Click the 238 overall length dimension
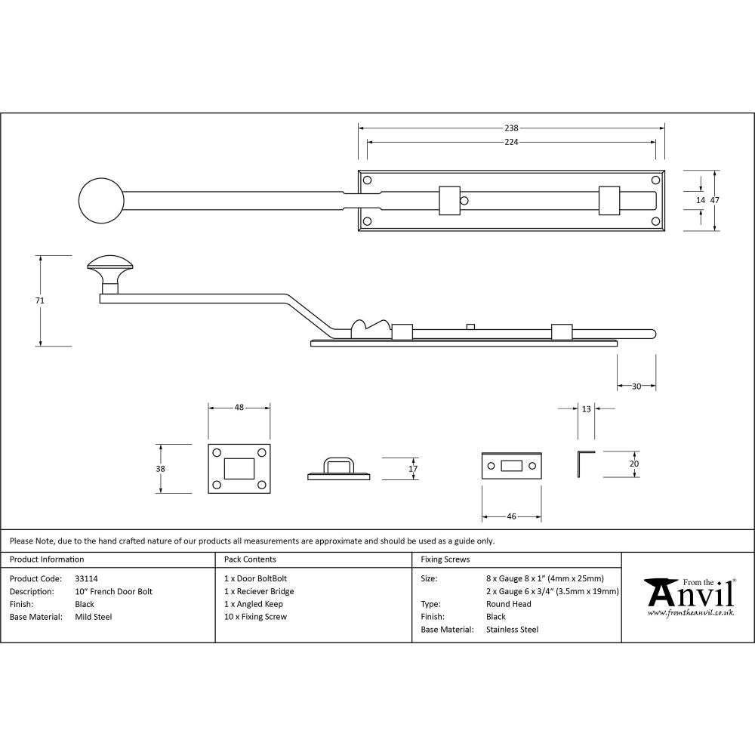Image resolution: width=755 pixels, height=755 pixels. pyautogui.click(x=511, y=128)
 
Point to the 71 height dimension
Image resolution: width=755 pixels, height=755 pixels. pyautogui.click(x=40, y=300)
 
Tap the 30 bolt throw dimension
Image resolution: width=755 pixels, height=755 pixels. pyautogui.click(x=636, y=387)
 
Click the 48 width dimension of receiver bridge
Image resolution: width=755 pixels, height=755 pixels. pyautogui.click(x=239, y=408)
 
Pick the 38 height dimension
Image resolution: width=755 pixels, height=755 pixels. pyautogui.click(x=159, y=469)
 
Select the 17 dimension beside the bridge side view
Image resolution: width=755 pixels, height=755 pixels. pyautogui.click(x=412, y=469)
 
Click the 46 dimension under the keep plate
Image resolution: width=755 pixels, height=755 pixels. pyautogui.click(x=511, y=517)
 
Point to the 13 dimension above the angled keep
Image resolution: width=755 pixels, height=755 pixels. pyautogui.click(x=587, y=408)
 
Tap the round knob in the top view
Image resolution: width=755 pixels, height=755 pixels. pyautogui.click(x=101, y=202)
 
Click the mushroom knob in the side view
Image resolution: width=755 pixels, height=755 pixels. pyautogui.click(x=110, y=267)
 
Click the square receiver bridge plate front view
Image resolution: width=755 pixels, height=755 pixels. pyautogui.click(x=239, y=469)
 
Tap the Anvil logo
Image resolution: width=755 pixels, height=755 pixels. pyautogui.click(x=689, y=597)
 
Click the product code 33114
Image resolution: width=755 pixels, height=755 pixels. pyautogui.click(x=87, y=579)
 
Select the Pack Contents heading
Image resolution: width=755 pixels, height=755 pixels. pyautogui.click(x=250, y=559)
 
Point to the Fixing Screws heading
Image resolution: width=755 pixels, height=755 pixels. pyautogui.click(x=445, y=559)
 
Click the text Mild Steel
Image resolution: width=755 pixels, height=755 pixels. pyautogui.click(x=94, y=617)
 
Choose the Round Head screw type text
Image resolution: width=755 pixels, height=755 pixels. pyautogui.click(x=509, y=604)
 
